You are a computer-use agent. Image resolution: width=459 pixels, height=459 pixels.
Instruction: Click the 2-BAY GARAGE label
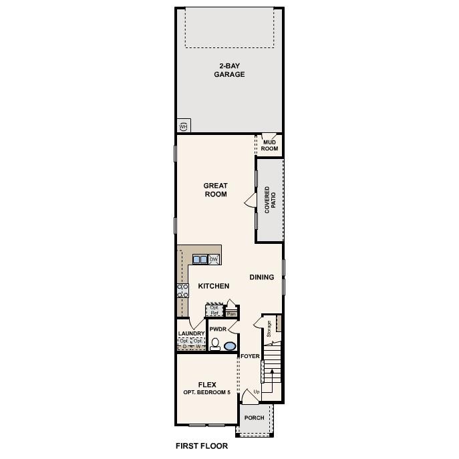click(229, 70)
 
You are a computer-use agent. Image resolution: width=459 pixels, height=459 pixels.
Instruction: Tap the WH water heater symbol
click(183, 126)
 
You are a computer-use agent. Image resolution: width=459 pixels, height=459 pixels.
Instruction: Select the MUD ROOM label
click(269, 145)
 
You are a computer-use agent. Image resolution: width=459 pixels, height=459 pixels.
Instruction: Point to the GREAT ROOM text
click(216, 190)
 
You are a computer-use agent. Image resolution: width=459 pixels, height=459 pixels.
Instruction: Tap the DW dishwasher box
click(214, 259)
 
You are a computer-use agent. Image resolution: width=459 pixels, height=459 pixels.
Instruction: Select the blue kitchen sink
click(200, 259)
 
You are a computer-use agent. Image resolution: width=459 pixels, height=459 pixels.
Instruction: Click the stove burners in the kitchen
click(182, 290)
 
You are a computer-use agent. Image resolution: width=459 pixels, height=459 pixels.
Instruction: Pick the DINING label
click(262, 277)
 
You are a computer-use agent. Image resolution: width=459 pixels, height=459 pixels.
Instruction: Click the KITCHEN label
click(214, 286)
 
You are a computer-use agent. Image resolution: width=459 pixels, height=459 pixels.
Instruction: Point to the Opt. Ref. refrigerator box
click(214, 310)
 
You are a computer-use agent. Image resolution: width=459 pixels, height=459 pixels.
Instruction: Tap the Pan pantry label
click(232, 313)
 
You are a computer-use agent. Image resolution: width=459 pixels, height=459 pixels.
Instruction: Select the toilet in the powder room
click(215, 345)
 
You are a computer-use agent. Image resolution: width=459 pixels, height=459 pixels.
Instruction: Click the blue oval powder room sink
click(230, 346)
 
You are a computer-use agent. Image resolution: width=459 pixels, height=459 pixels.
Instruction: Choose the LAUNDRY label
click(191, 333)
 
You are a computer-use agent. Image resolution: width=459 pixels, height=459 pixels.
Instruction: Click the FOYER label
click(250, 356)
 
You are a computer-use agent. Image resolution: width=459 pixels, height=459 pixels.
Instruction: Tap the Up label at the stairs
click(257, 392)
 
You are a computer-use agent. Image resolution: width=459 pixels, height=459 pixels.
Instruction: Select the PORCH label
click(254, 418)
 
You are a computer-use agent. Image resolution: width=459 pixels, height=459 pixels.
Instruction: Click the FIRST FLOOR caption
click(201, 446)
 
